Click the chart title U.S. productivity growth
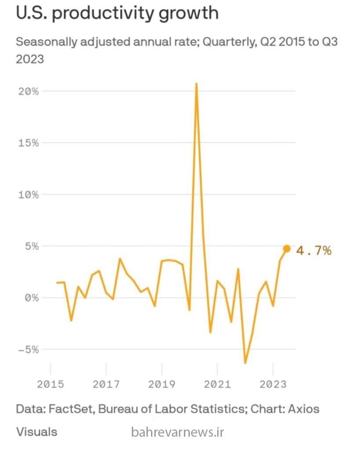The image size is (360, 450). tap(117, 13)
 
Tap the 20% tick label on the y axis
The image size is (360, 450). tap(29, 91)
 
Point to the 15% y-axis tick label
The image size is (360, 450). tap(29, 143)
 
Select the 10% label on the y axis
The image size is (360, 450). tap(29, 194)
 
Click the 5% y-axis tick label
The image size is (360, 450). tap(32, 246)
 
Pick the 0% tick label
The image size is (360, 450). tap(32, 298)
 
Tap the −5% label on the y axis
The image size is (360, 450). tap(29, 349)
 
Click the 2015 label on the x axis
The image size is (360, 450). tap(50, 384)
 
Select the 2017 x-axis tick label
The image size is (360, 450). tap(106, 384)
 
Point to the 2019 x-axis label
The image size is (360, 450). tap(162, 384)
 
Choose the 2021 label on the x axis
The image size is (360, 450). tap(217, 384)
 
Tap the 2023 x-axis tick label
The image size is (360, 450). tap(273, 384)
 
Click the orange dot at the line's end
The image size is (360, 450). tap(287, 249)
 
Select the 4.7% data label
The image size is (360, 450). tap(313, 251)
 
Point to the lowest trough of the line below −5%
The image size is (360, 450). tap(245, 363)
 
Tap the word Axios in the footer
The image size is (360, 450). tap(304, 409)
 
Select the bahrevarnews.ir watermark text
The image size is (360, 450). tap(177, 432)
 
